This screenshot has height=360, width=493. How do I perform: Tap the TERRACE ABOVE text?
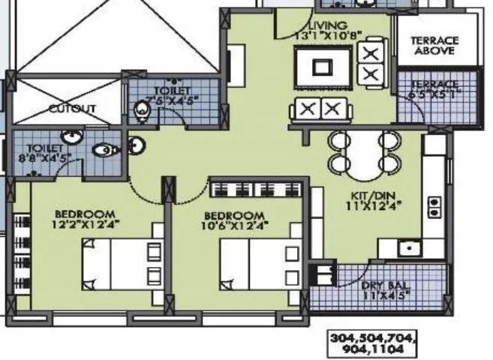[434, 45]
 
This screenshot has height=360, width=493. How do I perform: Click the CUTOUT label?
[72, 109]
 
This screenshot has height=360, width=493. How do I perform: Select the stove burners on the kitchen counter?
[434, 206]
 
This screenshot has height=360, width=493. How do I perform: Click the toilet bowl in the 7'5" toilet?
[140, 112]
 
